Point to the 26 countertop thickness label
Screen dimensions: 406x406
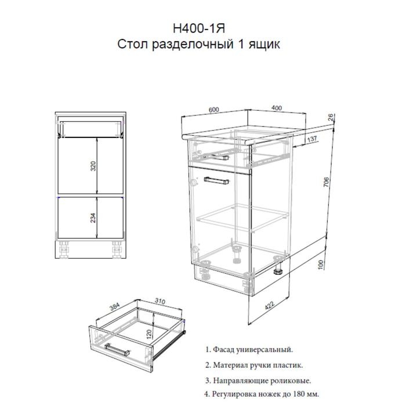[x=331, y=118]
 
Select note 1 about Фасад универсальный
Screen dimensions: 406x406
[x=249, y=350]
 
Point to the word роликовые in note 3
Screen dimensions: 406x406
[x=289, y=381]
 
